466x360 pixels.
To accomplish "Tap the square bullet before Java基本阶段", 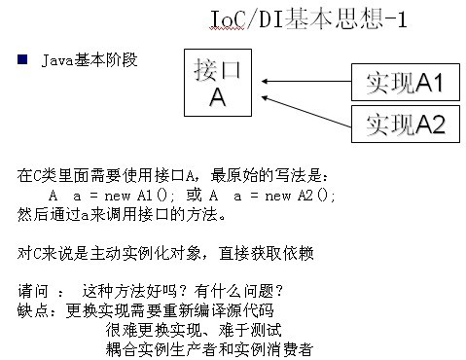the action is tap(21, 60).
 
